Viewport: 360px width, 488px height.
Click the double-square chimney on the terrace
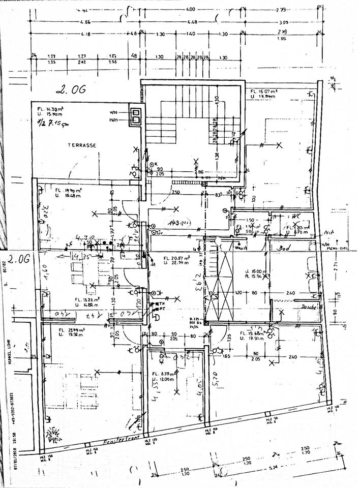(x=136, y=117)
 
